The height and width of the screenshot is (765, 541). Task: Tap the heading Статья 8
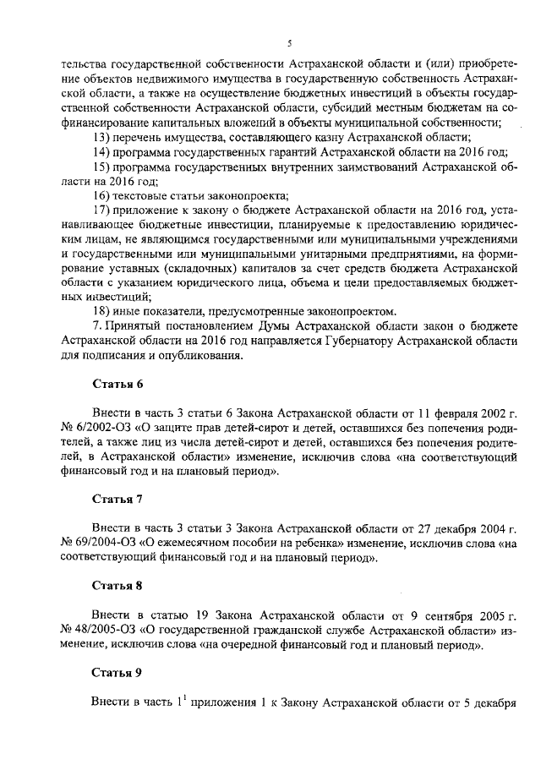[117, 584]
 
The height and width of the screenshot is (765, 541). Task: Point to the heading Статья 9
[117, 673]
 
